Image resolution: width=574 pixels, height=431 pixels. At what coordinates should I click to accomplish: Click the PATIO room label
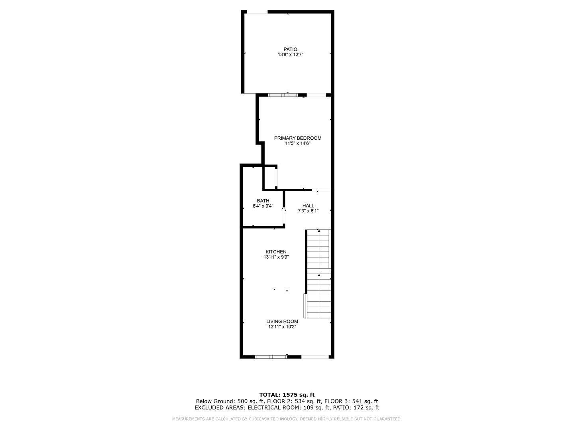(290, 49)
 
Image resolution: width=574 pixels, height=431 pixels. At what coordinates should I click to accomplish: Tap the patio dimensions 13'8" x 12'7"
(290, 55)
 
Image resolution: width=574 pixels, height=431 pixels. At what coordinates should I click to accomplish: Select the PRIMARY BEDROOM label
(298, 138)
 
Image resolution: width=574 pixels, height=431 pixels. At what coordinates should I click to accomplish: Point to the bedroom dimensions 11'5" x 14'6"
(298, 143)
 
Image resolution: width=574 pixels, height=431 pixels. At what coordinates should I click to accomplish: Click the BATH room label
(263, 201)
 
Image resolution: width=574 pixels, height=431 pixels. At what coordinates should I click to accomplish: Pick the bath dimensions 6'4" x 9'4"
(263, 206)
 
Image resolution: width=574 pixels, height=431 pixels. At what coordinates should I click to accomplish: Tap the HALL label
(308, 206)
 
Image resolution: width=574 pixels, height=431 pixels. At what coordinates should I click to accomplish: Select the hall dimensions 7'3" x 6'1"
(308, 211)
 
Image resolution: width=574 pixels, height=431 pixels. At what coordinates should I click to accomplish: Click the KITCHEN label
(276, 252)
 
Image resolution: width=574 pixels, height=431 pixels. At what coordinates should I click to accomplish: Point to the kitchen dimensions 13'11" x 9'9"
(276, 257)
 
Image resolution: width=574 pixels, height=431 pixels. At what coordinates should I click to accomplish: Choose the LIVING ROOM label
(282, 321)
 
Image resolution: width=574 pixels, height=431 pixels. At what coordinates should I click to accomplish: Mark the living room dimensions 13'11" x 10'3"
(282, 326)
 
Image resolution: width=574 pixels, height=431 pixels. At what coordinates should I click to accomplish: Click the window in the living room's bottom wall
(271, 357)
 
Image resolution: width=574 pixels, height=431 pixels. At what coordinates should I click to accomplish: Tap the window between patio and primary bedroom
(283, 95)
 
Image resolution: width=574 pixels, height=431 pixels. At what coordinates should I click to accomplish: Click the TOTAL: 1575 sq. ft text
(287, 395)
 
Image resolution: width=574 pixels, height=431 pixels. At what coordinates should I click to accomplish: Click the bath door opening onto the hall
(284, 216)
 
